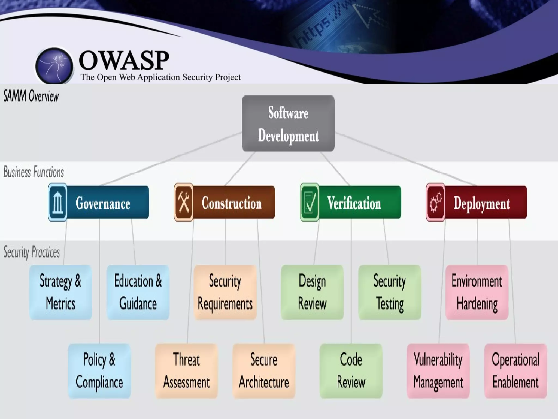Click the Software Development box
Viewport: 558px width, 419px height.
pyautogui.click(x=288, y=123)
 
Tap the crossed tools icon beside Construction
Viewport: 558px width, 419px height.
pyautogui.click(x=184, y=202)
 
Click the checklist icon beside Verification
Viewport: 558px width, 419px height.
pyautogui.click(x=310, y=202)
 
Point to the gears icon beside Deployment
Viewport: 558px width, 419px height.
pyautogui.click(x=435, y=202)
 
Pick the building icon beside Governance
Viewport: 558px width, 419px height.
pyautogui.click(x=57, y=202)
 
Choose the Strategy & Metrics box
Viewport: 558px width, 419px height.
pyautogui.click(x=60, y=292)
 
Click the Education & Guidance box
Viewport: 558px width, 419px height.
pyautogui.click(x=138, y=292)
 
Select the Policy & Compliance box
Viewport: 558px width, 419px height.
pyautogui.click(x=99, y=371)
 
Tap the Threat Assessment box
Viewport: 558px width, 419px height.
pyautogui.click(x=186, y=371)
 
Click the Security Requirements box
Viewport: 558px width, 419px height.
pyautogui.click(x=225, y=292)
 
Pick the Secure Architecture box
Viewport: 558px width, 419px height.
pyautogui.click(x=264, y=371)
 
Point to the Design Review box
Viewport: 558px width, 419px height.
pyautogui.click(x=312, y=292)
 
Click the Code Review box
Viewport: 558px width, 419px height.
pyautogui.click(x=351, y=371)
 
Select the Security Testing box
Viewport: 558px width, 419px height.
pyautogui.click(x=390, y=292)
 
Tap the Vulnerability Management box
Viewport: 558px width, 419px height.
pyautogui.click(x=438, y=371)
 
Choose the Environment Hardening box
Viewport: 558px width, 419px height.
pyautogui.click(x=477, y=292)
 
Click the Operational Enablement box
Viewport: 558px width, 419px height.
pyautogui.click(x=515, y=371)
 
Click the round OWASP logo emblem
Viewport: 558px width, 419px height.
pyautogui.click(x=54, y=65)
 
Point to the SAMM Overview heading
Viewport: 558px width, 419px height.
pyautogui.click(x=31, y=96)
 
